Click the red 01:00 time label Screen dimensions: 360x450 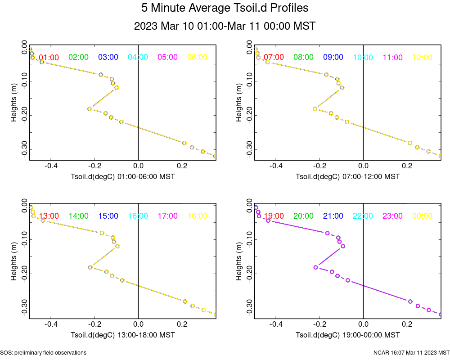tap(49, 57)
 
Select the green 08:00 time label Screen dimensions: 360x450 tap(303, 57)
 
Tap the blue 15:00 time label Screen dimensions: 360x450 tap(108, 216)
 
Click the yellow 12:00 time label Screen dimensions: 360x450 tap(422, 57)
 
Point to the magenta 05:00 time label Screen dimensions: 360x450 tap(167, 57)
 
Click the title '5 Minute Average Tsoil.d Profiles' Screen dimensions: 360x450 tap(225, 8)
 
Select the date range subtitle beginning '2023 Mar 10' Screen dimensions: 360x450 tap(225, 26)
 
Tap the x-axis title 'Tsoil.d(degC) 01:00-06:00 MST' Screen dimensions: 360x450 tap(123, 177)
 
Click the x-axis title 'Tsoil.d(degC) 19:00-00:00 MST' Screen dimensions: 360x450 tap(348, 335)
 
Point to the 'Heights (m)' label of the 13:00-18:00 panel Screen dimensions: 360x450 tap(14, 261)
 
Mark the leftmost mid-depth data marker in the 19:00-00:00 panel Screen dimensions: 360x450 tap(316, 267)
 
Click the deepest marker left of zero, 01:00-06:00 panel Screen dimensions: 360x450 tap(121, 121)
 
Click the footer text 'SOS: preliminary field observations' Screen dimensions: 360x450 tap(44, 353)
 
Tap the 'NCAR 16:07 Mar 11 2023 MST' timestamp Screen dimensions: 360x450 tap(411, 353)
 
